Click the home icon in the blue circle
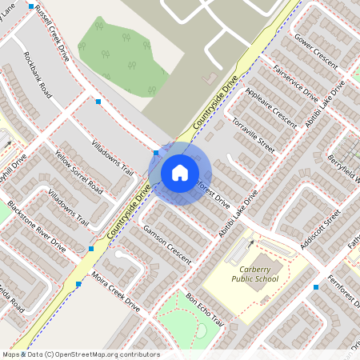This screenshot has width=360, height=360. pyautogui.click(x=180, y=172)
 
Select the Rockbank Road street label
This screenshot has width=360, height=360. pyautogui.click(x=38, y=74)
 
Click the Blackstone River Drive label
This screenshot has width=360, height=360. pyautogui.click(x=36, y=226)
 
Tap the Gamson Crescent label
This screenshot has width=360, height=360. pyautogui.click(x=162, y=246)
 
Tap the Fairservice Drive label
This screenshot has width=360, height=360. pyautogui.click(x=295, y=81)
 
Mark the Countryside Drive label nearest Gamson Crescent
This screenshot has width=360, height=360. pyautogui.click(x=129, y=214)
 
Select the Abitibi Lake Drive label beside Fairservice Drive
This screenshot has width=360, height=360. pyautogui.click(x=325, y=103)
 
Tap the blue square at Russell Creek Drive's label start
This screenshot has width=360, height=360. pyautogui.click(x=31, y=6)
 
